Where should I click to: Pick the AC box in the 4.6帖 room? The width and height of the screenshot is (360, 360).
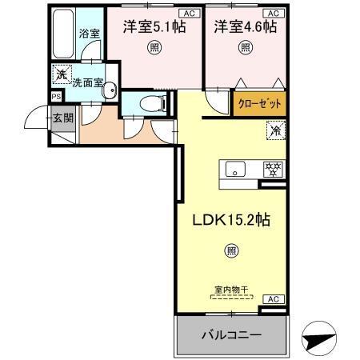(272, 13)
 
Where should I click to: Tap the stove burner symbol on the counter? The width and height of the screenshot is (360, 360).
(274, 169)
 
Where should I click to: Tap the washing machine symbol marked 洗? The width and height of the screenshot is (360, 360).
(60, 75)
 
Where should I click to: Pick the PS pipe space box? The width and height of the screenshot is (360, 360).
(55, 96)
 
